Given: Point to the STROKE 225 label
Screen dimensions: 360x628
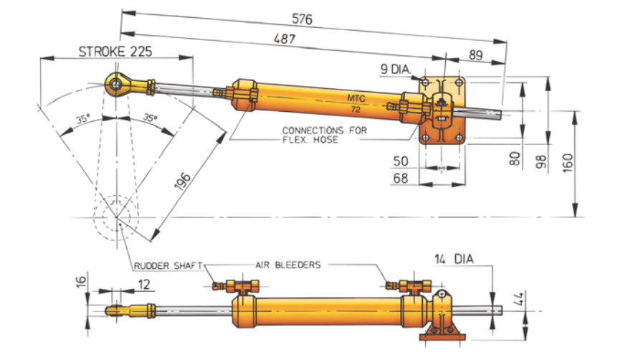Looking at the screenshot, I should point(115,51).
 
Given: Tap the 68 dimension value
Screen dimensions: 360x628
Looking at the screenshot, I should point(402,177).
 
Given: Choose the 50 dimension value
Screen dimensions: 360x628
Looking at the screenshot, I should point(402,159).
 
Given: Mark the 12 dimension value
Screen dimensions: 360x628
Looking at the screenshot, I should point(144,285).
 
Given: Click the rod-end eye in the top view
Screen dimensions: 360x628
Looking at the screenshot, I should point(115,84).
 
